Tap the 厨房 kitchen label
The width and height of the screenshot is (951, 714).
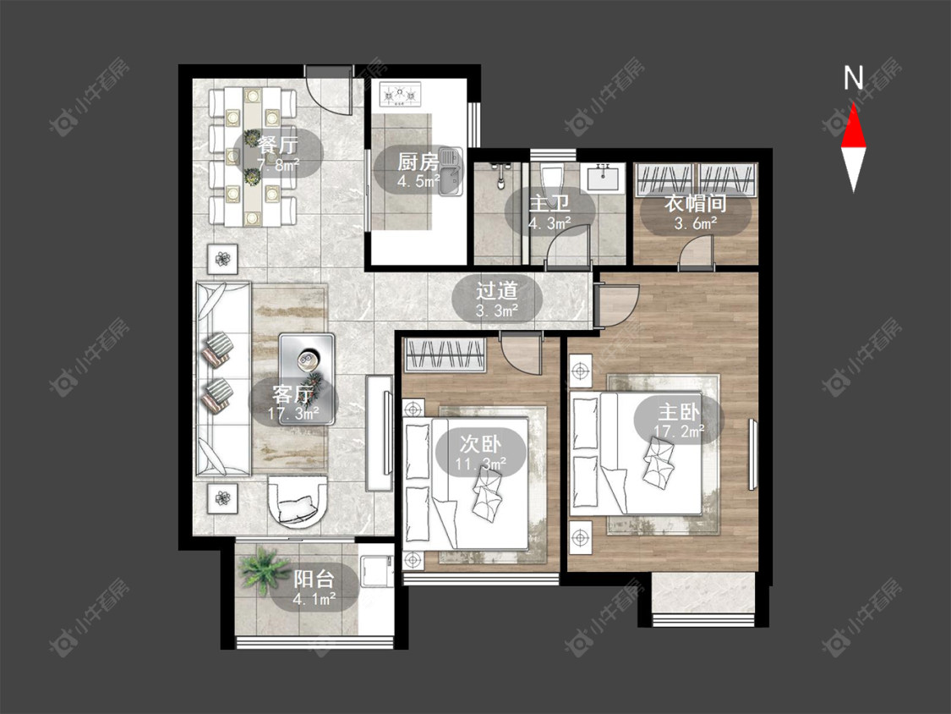pos(418,162)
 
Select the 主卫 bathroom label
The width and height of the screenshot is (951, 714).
pos(549,203)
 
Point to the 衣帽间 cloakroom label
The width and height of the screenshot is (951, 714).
pos(695,203)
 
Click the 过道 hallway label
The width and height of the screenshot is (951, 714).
pos(497,290)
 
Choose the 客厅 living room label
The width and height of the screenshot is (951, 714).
pos(293,394)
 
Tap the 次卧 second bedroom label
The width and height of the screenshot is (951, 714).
pos(480,444)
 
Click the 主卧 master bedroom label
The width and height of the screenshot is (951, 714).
pos(680,412)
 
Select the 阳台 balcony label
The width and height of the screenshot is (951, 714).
pos(314,579)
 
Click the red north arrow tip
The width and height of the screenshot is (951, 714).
pos(853,104)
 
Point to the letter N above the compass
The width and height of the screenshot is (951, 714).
pos(853,78)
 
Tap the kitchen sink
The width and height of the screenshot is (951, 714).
pos(450,172)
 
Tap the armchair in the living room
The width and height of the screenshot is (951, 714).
pos(298,500)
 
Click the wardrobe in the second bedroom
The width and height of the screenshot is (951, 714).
pos(445,354)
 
